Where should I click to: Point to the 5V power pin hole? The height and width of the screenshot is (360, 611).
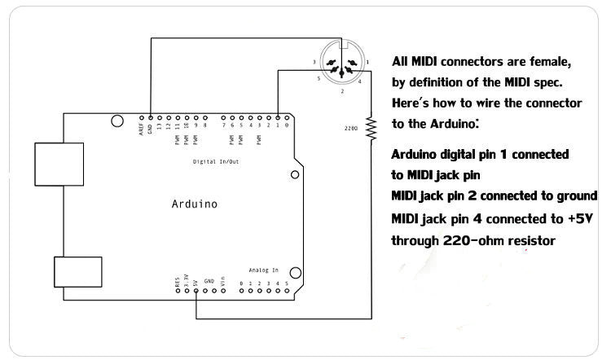click(196, 291)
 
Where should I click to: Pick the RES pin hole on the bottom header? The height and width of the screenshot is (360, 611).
click(177, 291)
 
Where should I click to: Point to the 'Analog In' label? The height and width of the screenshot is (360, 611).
click(263, 269)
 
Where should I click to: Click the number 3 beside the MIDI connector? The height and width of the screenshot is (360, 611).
click(314, 62)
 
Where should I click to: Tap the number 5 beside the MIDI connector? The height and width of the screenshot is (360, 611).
click(319, 79)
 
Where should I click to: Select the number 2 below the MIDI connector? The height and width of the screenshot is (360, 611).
click(342, 91)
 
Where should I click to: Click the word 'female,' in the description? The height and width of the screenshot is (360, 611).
click(553, 62)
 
